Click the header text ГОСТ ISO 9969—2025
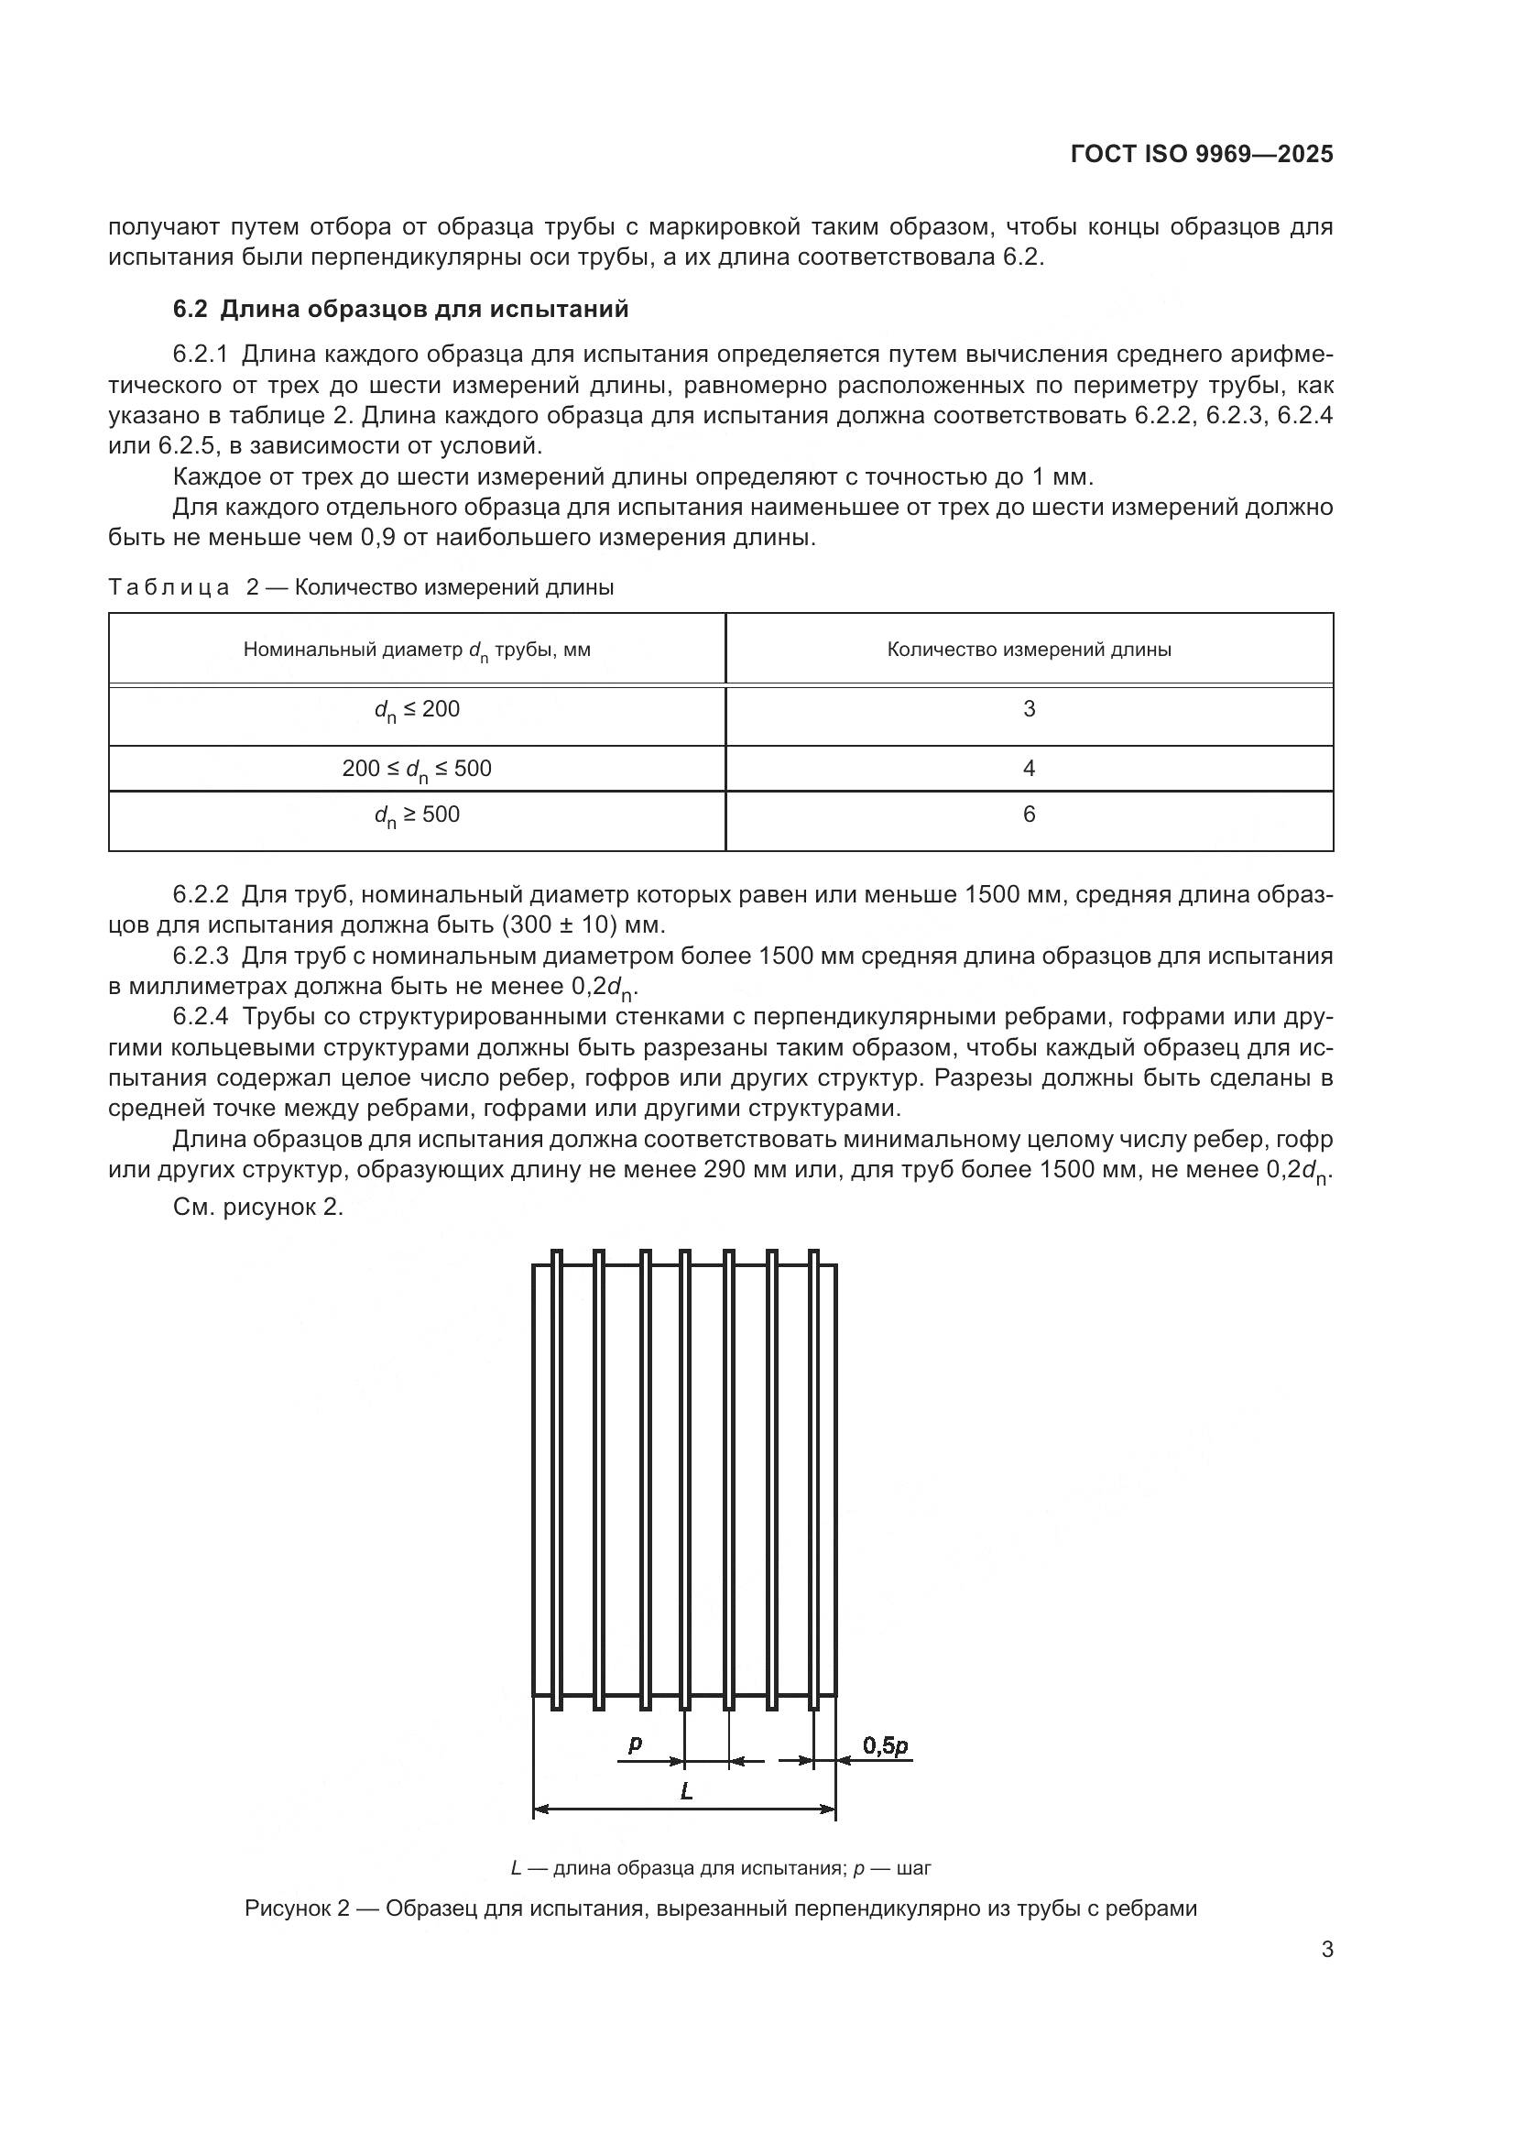tap(1202, 155)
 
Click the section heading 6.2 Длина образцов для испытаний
tap(401, 309)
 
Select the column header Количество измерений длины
tap(1029, 650)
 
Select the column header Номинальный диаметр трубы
tap(417, 650)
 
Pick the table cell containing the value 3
tap(1029, 709)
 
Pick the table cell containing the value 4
tap(1029, 768)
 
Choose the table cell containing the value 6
tap(1029, 815)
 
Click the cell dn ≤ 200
tap(417, 710)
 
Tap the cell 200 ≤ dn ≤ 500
tap(417, 769)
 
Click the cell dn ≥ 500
tap(417, 815)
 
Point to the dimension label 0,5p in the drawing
tap(885, 1745)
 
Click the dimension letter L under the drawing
tap(687, 1791)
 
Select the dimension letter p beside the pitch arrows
tap(636, 1744)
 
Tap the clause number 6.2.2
tap(201, 895)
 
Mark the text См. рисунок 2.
tap(258, 1208)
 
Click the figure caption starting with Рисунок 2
tap(720, 1908)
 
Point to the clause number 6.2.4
tap(201, 1017)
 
